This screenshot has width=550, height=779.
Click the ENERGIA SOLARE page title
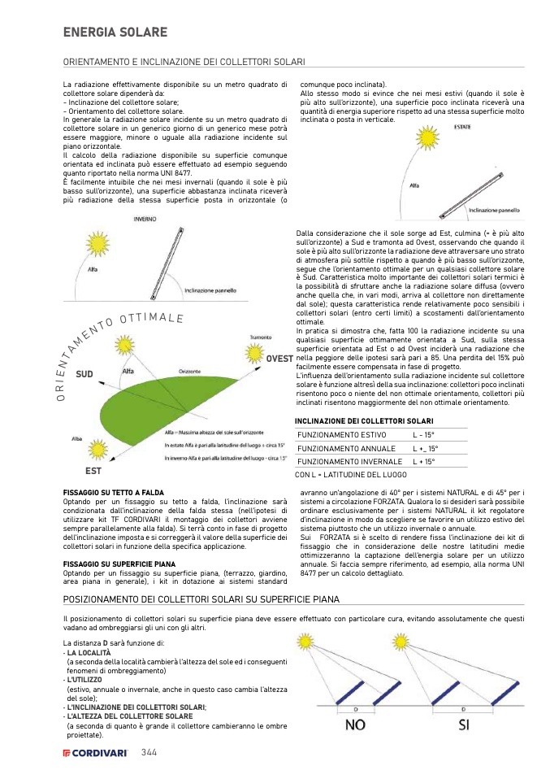[x=115, y=33]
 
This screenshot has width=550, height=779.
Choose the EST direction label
[x=93, y=472]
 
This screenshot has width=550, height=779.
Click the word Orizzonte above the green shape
[x=191, y=372]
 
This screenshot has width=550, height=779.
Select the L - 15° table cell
[x=425, y=435]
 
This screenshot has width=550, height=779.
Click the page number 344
[x=149, y=752]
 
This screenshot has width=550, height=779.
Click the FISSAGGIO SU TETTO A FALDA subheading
[x=114, y=493]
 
